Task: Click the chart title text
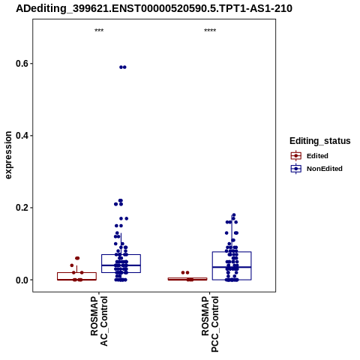click(x=154, y=9)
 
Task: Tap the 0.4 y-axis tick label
click(x=22, y=136)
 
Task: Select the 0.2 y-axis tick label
click(x=22, y=208)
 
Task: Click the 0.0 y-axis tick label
click(x=22, y=280)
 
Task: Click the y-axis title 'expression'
click(x=8, y=155)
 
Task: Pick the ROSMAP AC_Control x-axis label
click(x=99, y=321)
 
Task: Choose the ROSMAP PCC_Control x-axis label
click(x=210, y=324)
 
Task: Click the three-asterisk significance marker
click(x=99, y=31)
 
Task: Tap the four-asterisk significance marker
click(x=210, y=31)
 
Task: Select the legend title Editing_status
click(x=320, y=141)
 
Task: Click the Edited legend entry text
click(x=317, y=156)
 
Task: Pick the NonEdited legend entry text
click(x=325, y=169)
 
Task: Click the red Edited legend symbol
click(x=296, y=156)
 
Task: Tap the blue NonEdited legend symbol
click(x=296, y=169)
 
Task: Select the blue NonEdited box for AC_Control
click(x=102, y=263)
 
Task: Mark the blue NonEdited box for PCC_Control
click(x=212, y=265)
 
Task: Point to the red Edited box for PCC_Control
click(x=187, y=278)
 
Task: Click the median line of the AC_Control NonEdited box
click(x=121, y=265)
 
